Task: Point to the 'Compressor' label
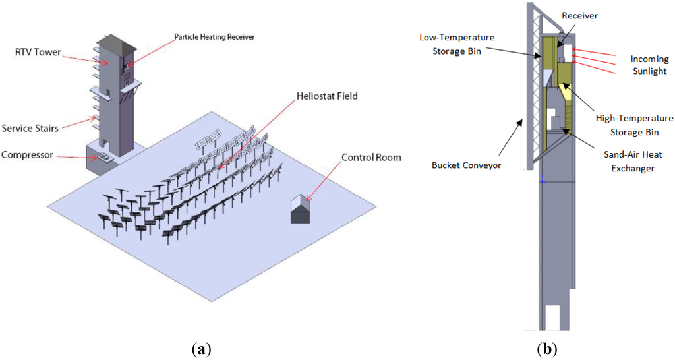(x=27, y=156)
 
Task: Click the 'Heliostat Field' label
(x=327, y=96)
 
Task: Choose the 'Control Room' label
(x=370, y=158)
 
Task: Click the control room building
(x=301, y=210)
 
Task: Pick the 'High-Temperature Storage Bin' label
(x=634, y=125)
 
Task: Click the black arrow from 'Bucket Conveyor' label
(x=505, y=140)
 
